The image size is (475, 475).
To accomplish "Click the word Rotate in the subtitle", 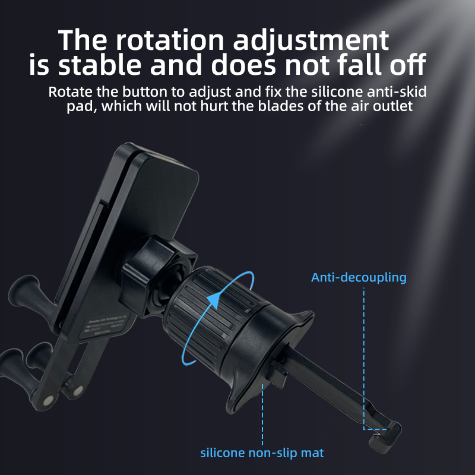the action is pos(68,93).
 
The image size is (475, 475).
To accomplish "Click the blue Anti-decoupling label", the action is pos(359,278).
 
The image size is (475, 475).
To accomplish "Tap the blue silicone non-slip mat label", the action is pos(262,453).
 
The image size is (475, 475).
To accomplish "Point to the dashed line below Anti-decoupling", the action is pos(363,356).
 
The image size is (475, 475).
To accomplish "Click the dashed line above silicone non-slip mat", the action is pos(262,416).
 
